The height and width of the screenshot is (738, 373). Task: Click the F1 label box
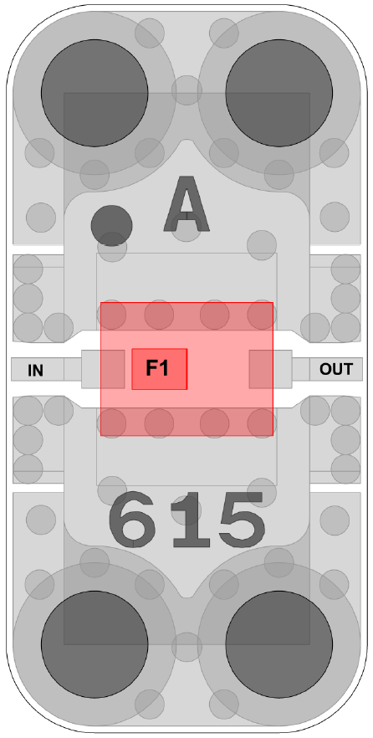(160, 369)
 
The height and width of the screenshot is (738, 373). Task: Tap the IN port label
(35, 371)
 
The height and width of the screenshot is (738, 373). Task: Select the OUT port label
(336, 369)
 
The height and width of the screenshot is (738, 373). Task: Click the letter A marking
(186, 204)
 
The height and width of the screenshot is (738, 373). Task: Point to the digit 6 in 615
(132, 520)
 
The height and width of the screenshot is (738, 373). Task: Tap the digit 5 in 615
(241, 520)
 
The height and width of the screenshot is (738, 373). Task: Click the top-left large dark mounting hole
(95, 93)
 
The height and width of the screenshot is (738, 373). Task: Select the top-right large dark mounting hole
(279, 93)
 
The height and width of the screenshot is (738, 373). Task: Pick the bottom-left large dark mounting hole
(95, 644)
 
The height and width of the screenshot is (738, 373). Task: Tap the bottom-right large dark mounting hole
(279, 644)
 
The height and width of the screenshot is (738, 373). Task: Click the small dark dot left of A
(111, 225)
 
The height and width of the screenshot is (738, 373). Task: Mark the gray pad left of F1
(103, 369)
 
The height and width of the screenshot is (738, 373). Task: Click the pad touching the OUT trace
(270, 369)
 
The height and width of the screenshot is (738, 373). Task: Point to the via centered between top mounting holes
(186, 90)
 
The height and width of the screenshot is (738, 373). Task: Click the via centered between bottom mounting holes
(186, 647)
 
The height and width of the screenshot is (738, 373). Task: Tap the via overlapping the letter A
(186, 227)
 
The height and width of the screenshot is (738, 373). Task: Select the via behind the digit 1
(186, 510)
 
